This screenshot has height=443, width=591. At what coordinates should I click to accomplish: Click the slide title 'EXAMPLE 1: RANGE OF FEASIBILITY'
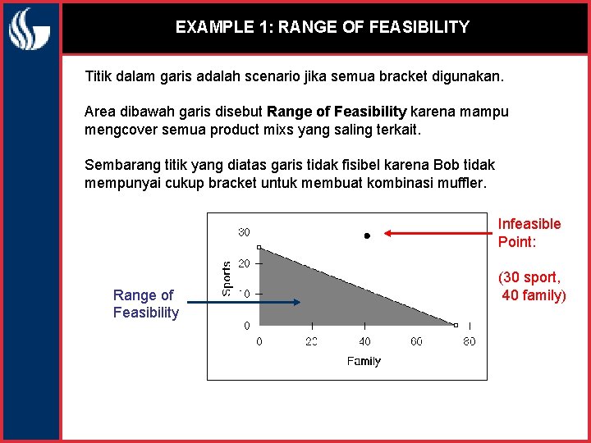322,27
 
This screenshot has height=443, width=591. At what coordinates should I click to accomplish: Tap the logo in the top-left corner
30,30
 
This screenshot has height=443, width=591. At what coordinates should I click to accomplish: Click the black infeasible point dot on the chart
367,235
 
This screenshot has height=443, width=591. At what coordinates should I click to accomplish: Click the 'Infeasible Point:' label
529,233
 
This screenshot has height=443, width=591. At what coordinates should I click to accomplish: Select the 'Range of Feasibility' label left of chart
145,304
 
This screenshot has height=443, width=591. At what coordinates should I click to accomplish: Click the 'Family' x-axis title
364,361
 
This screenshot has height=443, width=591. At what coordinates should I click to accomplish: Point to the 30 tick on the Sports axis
244,232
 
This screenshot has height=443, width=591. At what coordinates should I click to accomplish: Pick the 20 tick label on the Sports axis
244,263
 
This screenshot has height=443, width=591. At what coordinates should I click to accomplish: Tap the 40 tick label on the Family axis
364,341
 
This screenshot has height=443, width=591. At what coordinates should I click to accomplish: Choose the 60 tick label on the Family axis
417,341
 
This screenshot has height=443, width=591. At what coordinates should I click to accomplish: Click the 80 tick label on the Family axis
469,341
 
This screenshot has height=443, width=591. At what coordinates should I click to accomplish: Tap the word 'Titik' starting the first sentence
100,77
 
